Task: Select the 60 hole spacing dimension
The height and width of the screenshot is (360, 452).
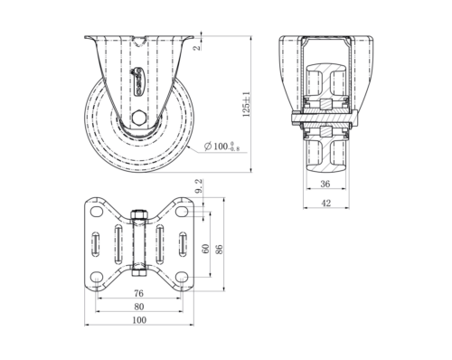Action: (206, 246)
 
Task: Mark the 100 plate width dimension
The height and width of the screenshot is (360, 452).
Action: (137, 320)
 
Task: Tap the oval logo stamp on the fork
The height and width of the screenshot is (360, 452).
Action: (138, 82)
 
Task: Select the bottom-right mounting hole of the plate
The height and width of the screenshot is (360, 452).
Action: (183, 276)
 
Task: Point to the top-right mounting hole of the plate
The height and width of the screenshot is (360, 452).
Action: (183, 212)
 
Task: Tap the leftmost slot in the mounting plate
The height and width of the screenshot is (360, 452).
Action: (94, 244)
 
